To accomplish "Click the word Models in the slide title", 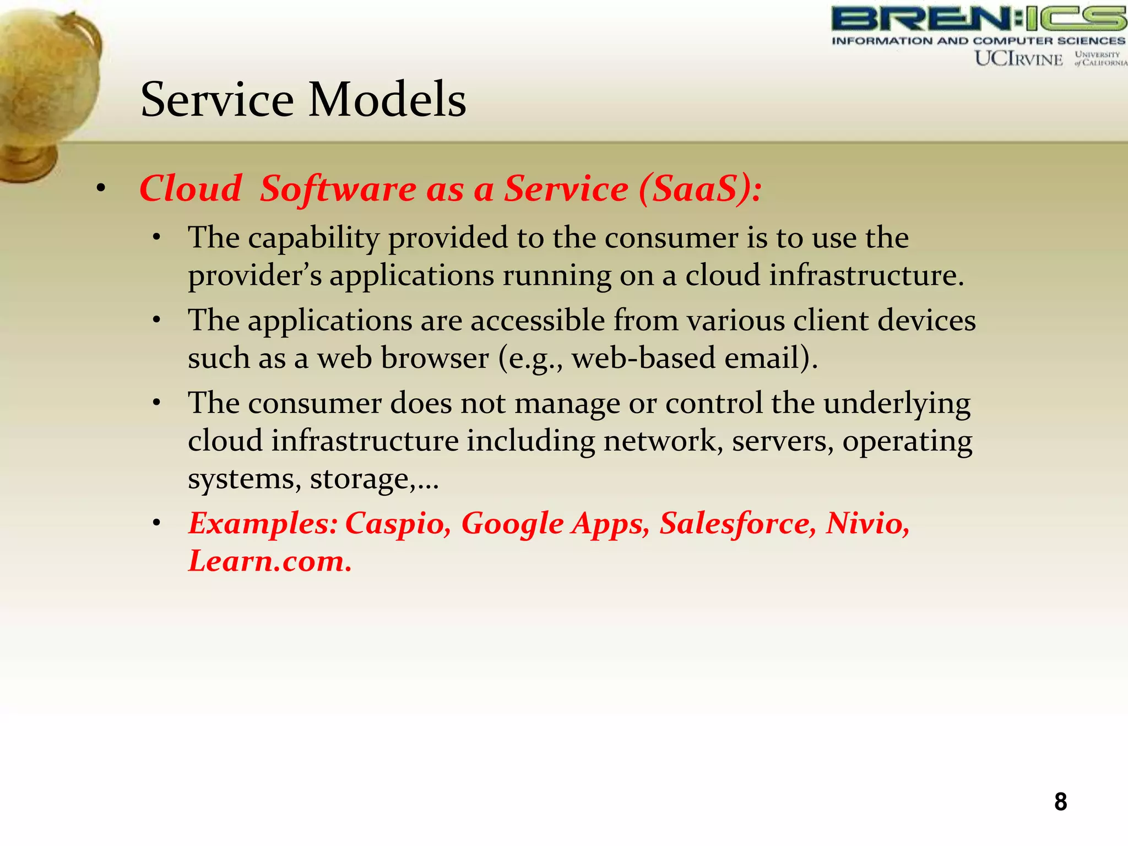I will point(387,100).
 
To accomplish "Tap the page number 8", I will point(1060,801).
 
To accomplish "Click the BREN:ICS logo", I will point(978,19).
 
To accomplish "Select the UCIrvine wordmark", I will point(1018,58).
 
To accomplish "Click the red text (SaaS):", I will point(701,188).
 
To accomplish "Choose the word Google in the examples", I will point(512,524).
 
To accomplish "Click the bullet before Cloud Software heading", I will point(100,189).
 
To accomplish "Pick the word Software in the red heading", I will point(338,188).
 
